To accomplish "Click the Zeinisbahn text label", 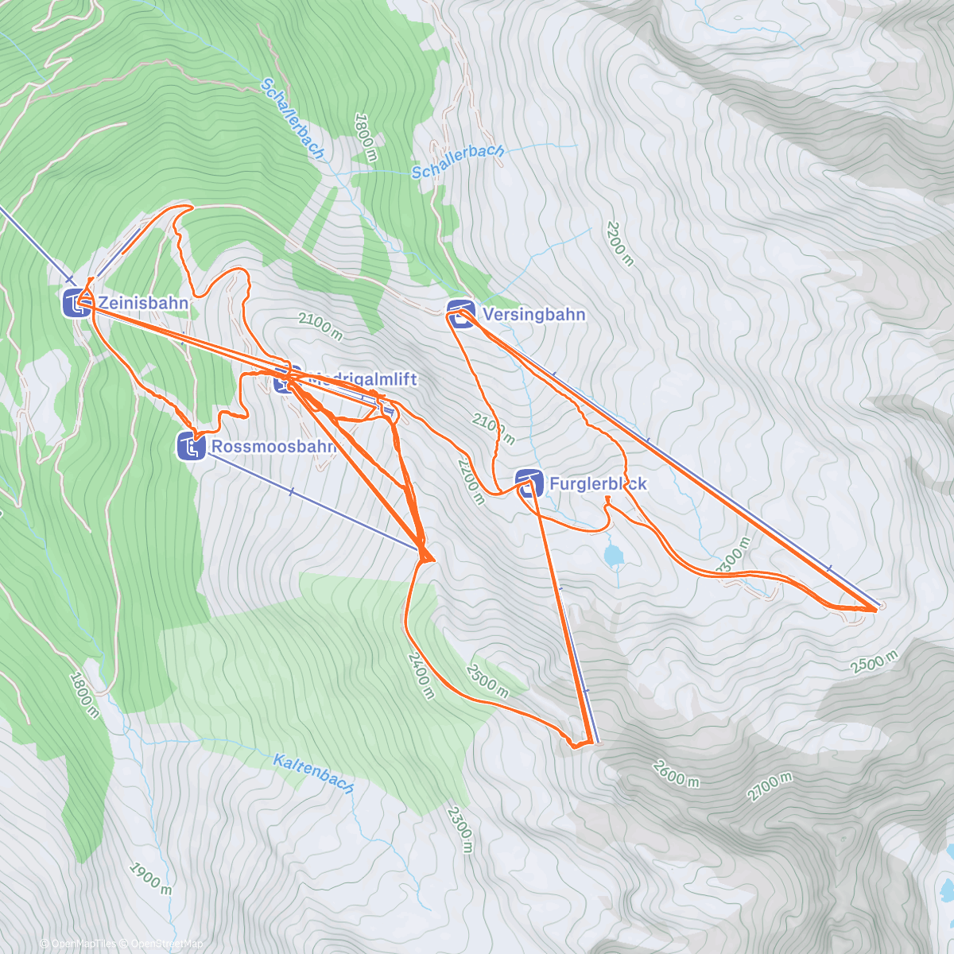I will (144, 303).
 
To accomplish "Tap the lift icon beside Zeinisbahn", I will (76, 302).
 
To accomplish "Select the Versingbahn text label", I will (534, 315).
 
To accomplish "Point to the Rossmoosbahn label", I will (272, 447).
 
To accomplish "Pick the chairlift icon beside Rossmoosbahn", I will (190, 447).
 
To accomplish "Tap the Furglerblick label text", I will (598, 483).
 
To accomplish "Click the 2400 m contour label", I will (421, 675).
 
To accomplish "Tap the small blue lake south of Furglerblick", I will (613, 556).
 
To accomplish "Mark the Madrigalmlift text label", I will (361, 379).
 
